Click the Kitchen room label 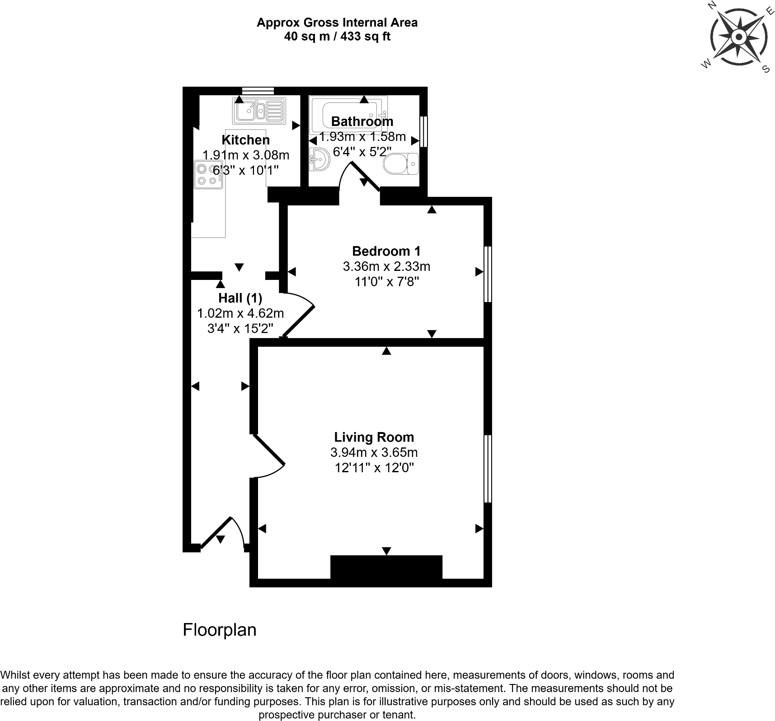[245, 140]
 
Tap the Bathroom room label [362, 121]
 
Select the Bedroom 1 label [386, 251]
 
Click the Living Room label [374, 437]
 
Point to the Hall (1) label [240, 298]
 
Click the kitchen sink [259, 111]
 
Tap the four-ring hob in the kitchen [208, 174]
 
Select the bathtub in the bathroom [348, 111]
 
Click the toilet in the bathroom [401, 163]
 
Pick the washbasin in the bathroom [319, 159]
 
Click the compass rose [738, 37]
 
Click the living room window [488, 469]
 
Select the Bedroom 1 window [488, 274]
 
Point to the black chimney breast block [386, 567]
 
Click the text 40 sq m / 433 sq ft [337, 37]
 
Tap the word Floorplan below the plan [219, 630]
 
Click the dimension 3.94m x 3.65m [374, 452]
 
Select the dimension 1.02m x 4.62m [240, 313]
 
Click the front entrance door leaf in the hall [216, 533]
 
